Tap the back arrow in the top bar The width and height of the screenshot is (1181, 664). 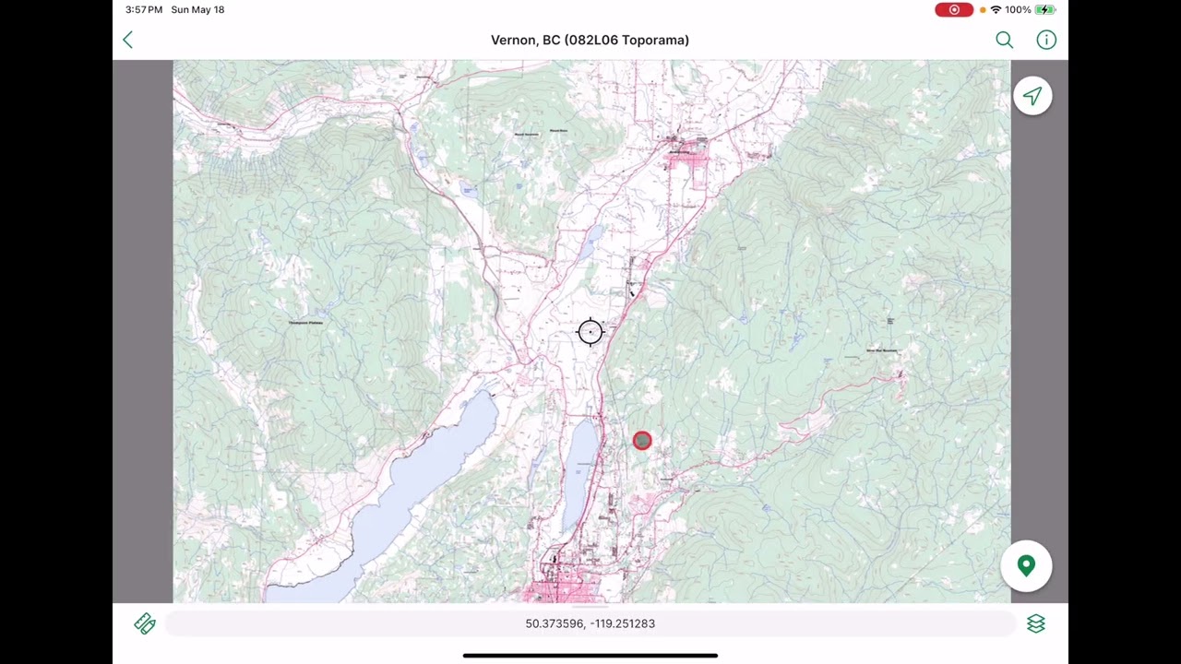point(128,40)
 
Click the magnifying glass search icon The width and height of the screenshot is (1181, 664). point(1004,40)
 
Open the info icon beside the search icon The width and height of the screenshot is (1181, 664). point(1045,40)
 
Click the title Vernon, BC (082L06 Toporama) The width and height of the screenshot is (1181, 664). point(590,40)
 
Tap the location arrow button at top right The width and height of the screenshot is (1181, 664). point(1032,97)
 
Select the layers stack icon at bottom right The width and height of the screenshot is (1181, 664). point(1035,624)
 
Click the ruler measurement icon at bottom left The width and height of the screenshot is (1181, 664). point(145,624)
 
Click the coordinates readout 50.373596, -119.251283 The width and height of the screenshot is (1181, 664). point(590,623)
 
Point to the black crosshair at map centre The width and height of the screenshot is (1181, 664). point(590,332)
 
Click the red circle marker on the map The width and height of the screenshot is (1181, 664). point(642,441)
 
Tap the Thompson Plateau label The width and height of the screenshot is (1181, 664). point(305,323)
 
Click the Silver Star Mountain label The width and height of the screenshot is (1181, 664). point(881,350)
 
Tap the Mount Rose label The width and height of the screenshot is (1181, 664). point(558,131)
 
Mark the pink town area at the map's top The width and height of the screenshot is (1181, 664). point(687,161)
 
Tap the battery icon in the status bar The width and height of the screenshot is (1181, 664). point(1044,9)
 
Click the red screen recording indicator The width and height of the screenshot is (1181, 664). point(953,9)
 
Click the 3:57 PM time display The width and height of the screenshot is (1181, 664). point(144,9)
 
